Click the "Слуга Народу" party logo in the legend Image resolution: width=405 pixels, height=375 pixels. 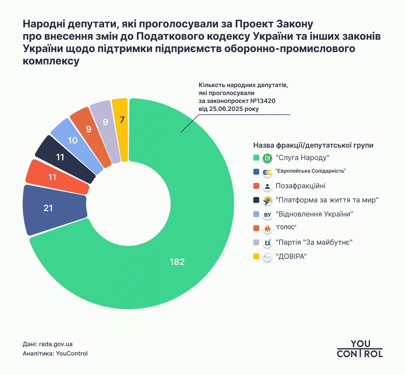(267, 158)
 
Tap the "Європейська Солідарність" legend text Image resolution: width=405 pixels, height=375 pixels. (310, 171)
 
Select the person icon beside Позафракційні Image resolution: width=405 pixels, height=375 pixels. (267, 186)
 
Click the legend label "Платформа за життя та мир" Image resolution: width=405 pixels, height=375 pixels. (327, 200)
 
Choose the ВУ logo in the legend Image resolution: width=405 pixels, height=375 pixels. (267, 215)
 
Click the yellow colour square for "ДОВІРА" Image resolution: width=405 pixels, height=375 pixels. (256, 256)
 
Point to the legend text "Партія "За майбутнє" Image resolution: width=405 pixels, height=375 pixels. (314, 242)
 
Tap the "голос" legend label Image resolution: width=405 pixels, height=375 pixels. (286, 227)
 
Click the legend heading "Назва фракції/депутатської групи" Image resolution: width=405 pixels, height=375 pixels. (313, 145)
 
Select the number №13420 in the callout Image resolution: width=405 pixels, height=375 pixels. (263, 101)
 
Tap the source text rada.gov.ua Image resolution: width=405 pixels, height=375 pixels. (56, 344)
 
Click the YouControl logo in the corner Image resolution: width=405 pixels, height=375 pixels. (360, 349)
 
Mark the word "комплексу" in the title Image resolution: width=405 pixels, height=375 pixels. (51, 61)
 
